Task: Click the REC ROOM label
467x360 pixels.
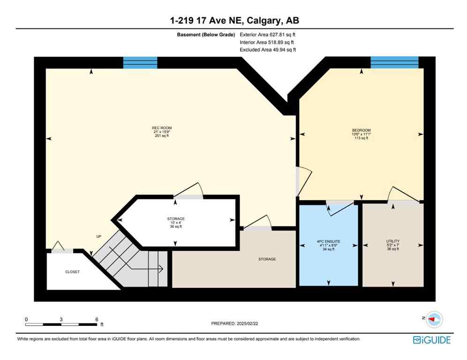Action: click(x=158, y=128)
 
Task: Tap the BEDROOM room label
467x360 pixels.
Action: click(x=361, y=130)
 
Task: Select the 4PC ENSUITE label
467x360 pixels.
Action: click(x=328, y=242)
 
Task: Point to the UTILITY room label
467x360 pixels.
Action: click(x=392, y=241)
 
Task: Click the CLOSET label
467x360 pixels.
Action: click(x=72, y=272)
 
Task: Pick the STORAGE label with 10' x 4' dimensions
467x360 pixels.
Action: click(x=176, y=219)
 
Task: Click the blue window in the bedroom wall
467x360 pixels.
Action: click(x=394, y=62)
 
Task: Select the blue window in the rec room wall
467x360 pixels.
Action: click(x=140, y=62)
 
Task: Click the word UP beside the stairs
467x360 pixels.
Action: click(x=99, y=236)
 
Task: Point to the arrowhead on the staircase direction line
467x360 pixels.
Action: click(x=160, y=269)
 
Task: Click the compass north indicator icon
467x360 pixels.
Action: click(x=435, y=319)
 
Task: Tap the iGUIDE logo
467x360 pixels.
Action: click(x=431, y=340)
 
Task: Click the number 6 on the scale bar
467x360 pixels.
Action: click(x=97, y=319)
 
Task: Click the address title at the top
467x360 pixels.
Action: click(x=233, y=21)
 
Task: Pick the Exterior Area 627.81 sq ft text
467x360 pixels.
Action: click(x=267, y=34)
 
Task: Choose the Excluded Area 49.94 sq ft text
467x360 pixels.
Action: click(x=267, y=49)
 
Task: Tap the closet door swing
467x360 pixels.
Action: click(x=58, y=246)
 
